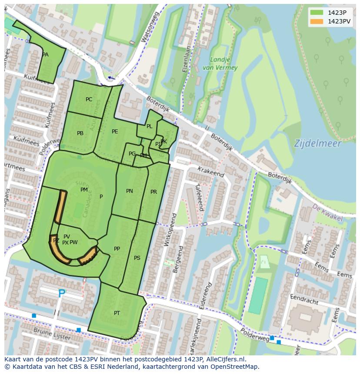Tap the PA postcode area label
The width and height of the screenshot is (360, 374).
click(45, 55)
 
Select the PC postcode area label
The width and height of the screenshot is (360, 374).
click(89, 99)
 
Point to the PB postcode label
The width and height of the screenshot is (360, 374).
click(80, 133)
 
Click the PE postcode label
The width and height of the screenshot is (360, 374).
click(115, 132)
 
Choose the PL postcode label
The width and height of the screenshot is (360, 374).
click(149, 126)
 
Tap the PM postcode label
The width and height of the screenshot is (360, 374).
click(84, 190)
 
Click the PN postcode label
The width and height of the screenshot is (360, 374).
click(130, 191)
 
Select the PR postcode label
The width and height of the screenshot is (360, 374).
click(153, 192)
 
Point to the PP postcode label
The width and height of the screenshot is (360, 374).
click(117, 249)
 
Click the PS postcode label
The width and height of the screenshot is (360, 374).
click(137, 258)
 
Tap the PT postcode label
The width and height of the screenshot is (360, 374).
click(117, 313)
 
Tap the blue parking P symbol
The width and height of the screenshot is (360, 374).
click(62, 294)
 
